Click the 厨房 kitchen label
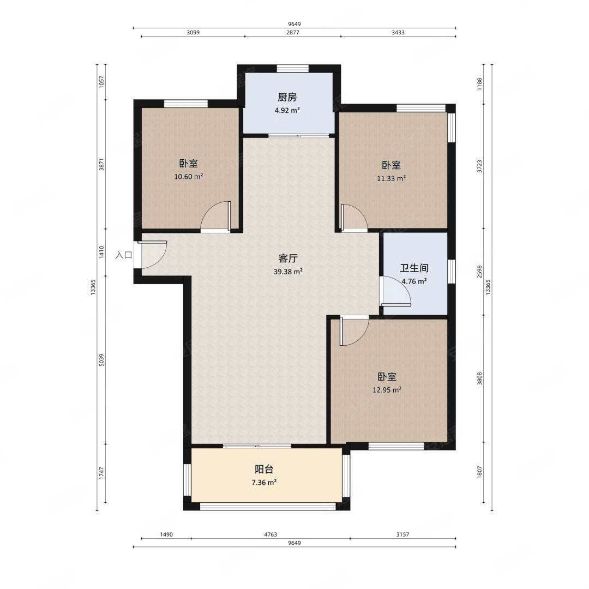pyautogui.click(x=287, y=98)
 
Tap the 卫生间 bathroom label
pyautogui.click(x=414, y=268)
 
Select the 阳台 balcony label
pyautogui.click(x=264, y=469)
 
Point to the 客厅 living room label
pyautogui.click(x=288, y=259)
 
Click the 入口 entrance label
pyautogui.click(x=124, y=255)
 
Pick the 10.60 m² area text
pyautogui.click(x=189, y=176)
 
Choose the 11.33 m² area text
pyautogui.click(x=391, y=178)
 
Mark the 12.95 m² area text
pyautogui.click(x=387, y=390)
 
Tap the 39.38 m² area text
pyautogui.click(x=288, y=272)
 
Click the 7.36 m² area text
pyautogui.click(x=264, y=482)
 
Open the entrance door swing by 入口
pyautogui.click(x=153, y=254)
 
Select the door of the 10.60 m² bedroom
pyautogui.click(x=215, y=217)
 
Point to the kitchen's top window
pyautogui.click(x=293, y=69)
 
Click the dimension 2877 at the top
pyautogui.click(x=293, y=32)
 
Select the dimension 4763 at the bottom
pyautogui.click(x=271, y=534)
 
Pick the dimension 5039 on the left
pyautogui.click(x=101, y=360)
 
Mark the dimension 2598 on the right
pyautogui.click(x=479, y=272)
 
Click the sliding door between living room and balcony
pyautogui.click(x=257, y=446)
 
